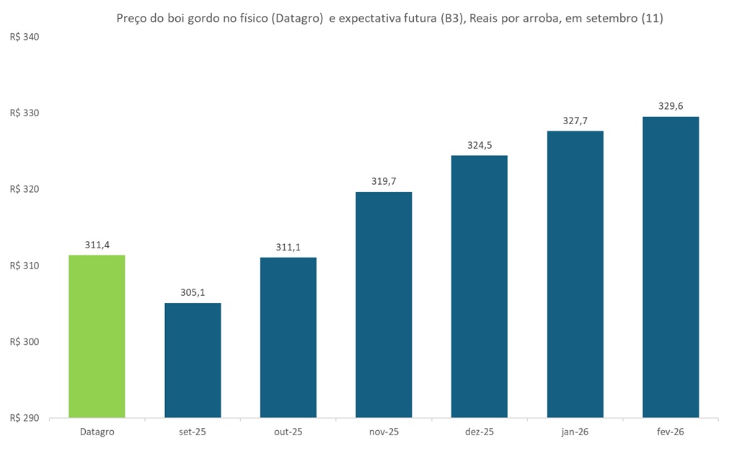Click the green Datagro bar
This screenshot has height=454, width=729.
(97, 336)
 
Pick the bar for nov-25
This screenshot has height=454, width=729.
(384, 304)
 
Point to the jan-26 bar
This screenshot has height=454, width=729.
(575, 274)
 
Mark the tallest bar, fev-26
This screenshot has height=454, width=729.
(671, 267)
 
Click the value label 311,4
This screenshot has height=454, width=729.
(97, 245)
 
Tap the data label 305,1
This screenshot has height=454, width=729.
(193, 293)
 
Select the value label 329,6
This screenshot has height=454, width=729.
(671, 106)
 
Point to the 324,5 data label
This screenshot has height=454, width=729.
(480, 145)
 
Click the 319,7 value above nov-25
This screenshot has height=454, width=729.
(384, 181)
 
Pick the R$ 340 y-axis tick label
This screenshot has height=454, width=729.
(24, 37)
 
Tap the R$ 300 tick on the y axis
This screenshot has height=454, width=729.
(24, 342)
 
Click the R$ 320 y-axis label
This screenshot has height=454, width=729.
(24, 190)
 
